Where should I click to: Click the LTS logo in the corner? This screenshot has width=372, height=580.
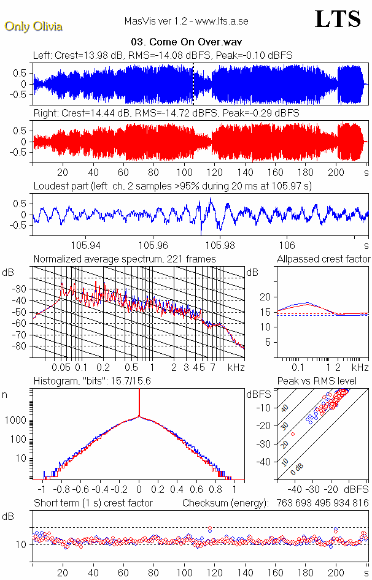click(338, 19)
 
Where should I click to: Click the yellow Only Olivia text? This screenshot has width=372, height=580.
click(33, 27)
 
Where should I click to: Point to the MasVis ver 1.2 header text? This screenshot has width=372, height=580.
click(186, 21)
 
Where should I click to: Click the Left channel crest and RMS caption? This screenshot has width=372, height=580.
click(163, 56)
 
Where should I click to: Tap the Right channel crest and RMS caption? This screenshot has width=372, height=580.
click(166, 113)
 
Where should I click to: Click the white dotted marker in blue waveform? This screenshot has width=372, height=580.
click(193, 84)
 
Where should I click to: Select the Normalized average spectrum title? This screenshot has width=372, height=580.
click(125, 259)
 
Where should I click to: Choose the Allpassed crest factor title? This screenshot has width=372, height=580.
click(324, 259)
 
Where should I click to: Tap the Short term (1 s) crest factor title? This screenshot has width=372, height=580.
click(93, 503)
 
